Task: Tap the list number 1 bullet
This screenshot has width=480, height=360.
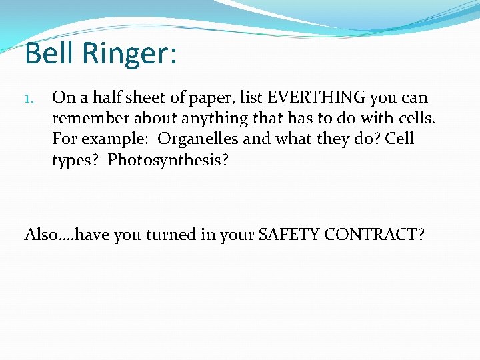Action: point(29,99)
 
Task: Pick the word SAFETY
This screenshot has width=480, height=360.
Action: point(289,235)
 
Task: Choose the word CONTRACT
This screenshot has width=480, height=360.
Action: point(373,235)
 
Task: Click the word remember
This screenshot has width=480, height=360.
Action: point(90,119)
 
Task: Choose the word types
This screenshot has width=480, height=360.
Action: point(76,161)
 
